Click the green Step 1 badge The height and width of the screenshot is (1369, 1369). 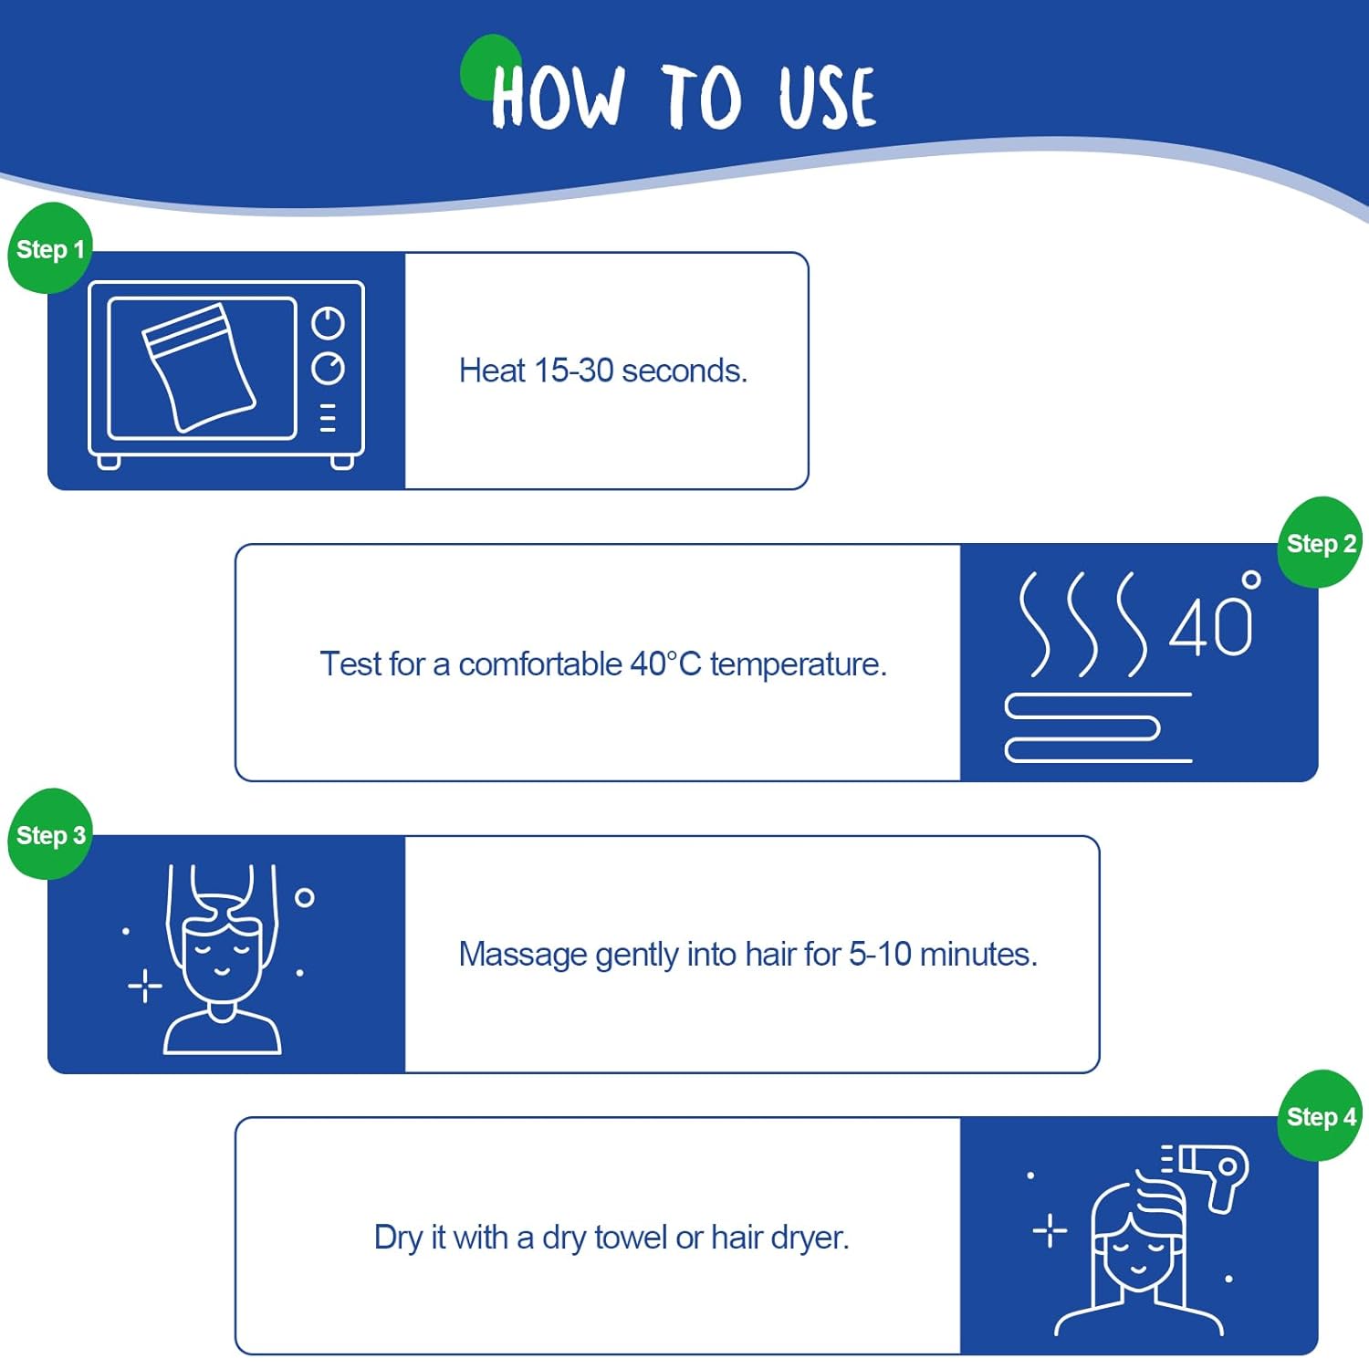[x=50, y=248]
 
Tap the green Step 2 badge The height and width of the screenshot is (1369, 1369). [x=1320, y=543]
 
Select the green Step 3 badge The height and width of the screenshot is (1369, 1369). [x=50, y=834]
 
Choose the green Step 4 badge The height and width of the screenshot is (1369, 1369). [x=1320, y=1115]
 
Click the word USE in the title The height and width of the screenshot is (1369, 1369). [x=827, y=97]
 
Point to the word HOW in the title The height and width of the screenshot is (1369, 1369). [x=558, y=97]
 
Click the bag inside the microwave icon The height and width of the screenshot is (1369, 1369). [x=199, y=367]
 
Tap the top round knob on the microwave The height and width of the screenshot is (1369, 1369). [x=329, y=322]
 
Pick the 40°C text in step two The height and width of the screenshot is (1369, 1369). [x=665, y=664]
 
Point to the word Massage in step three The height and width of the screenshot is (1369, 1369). [x=523, y=955]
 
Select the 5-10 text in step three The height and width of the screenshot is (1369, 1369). [x=880, y=954]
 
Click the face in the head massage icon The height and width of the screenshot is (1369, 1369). [x=222, y=958]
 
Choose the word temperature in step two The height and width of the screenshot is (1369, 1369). [x=799, y=664]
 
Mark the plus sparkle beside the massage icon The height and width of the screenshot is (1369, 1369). [x=145, y=987]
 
